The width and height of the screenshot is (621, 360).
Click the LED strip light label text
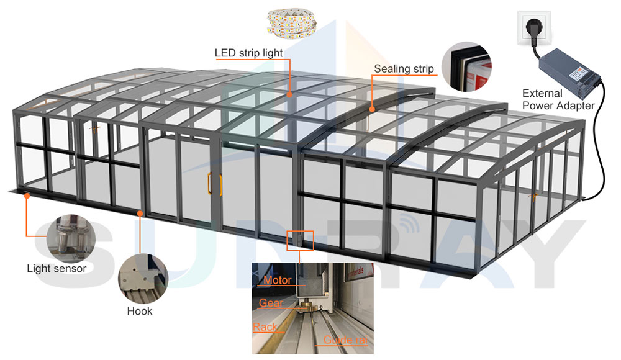coord(248,53)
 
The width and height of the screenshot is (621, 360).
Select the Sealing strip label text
coord(404,69)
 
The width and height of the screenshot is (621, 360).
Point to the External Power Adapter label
coord(558,99)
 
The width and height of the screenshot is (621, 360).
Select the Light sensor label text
coord(57,269)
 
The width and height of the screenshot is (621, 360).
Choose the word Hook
coord(139,311)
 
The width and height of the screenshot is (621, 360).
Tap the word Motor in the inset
coord(278,281)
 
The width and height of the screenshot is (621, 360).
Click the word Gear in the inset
coord(271,304)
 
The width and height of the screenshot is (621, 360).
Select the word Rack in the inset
coord(265,327)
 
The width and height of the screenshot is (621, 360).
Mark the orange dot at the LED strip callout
coord(290,95)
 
